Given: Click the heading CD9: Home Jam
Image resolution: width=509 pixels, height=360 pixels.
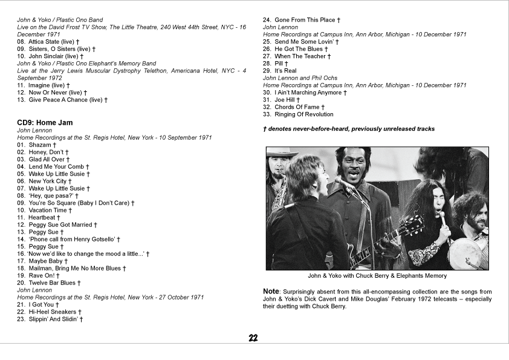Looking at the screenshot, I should [x=45, y=123].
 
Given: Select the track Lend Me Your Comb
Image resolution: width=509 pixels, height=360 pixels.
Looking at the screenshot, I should [x=56, y=166].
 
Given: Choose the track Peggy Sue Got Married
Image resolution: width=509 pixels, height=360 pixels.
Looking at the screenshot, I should [x=60, y=224].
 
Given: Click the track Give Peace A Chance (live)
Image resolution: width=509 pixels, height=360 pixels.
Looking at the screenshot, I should [x=66, y=100].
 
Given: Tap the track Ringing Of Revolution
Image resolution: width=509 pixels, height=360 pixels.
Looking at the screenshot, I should [x=303, y=114].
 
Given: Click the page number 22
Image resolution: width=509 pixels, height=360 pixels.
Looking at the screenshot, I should [x=254, y=338].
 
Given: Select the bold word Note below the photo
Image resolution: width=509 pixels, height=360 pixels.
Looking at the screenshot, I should [x=271, y=291].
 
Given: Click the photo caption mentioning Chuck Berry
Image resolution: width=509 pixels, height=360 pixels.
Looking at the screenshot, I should [x=377, y=276].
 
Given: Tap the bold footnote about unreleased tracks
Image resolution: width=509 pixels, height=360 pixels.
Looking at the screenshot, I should [x=348, y=129].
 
